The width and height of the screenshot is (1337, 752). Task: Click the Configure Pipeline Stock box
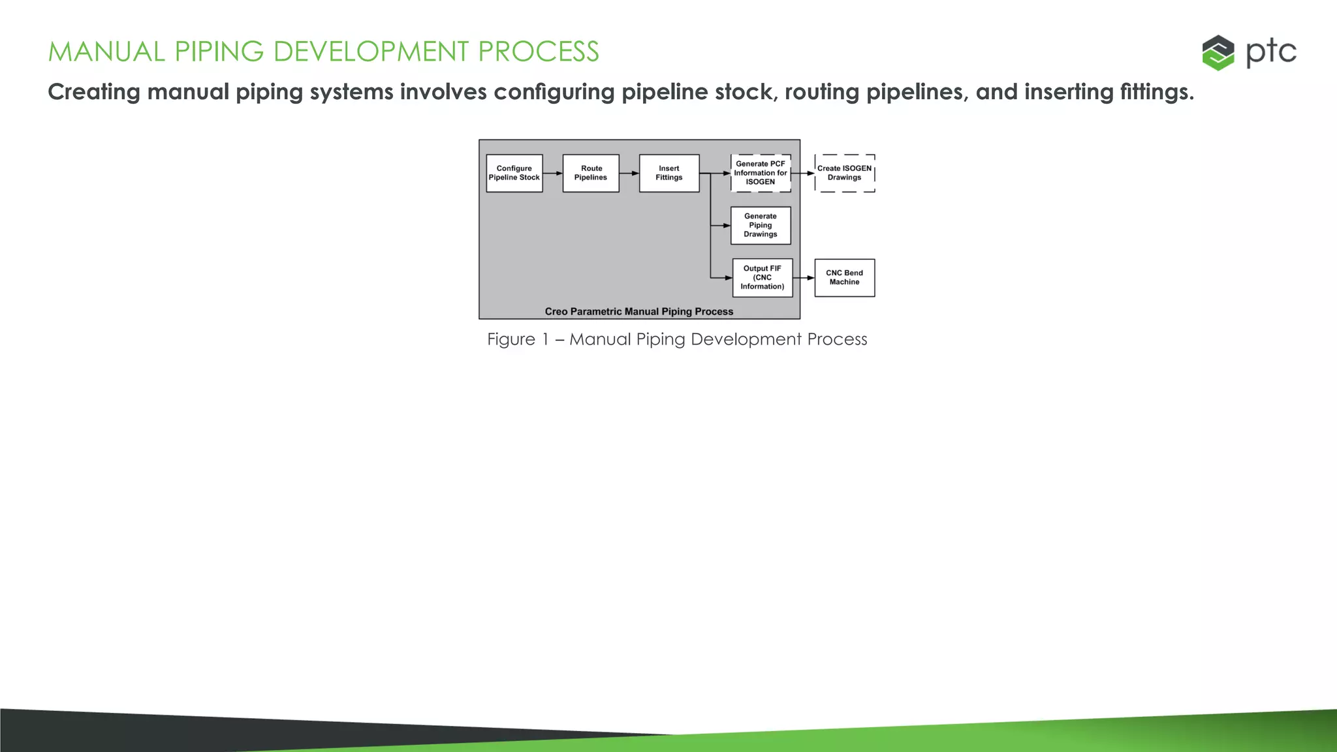pos(514,173)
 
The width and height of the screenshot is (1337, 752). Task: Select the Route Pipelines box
pos(591,173)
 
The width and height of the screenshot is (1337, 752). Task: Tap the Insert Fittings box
pos(669,173)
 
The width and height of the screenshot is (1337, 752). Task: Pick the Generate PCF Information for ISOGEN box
pos(761,173)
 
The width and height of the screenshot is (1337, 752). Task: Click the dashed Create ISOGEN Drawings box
pos(845,173)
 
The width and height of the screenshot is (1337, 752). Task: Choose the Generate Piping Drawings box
pos(761,225)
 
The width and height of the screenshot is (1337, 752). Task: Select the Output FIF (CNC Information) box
pos(763,277)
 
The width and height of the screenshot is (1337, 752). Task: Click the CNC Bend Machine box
pos(845,277)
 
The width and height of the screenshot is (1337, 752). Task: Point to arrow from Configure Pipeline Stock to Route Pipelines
pos(553,173)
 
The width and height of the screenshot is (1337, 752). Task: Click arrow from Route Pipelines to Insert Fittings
pos(629,173)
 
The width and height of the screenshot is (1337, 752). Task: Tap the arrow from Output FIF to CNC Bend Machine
pos(804,277)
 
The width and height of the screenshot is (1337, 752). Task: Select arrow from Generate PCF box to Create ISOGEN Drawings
pos(803,173)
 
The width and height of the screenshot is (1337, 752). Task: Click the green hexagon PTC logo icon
pos(1218,52)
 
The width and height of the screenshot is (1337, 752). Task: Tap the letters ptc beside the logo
pos(1270,52)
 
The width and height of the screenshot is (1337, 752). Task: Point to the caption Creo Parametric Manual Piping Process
pos(639,311)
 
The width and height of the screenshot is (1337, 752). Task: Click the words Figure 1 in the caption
pos(518,339)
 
